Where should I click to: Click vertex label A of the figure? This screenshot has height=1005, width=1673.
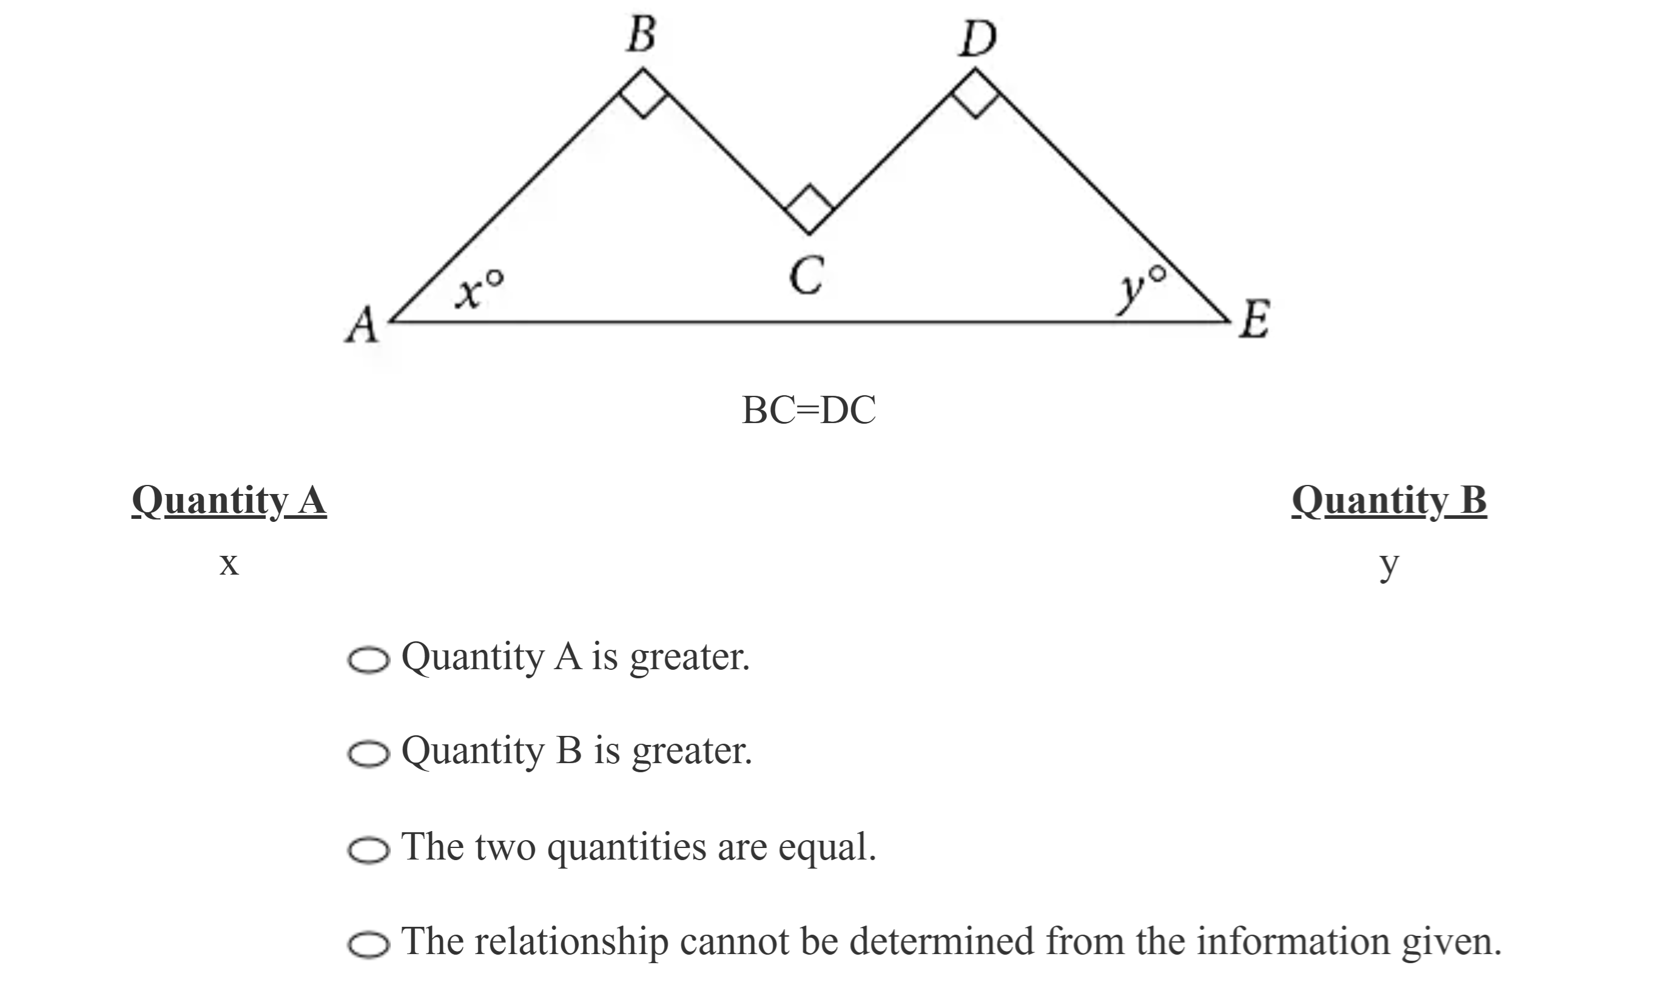(x=362, y=325)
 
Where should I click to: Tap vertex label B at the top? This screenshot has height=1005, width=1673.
(x=641, y=35)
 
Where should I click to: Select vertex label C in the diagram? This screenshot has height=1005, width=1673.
(x=807, y=276)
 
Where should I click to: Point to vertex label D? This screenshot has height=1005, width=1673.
(x=977, y=39)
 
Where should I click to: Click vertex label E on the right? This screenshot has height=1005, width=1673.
(x=1254, y=319)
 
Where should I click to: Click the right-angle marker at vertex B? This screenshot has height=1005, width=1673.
(x=644, y=93)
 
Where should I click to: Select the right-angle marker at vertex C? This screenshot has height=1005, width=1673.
(x=809, y=209)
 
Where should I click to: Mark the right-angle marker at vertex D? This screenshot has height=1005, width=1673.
(x=976, y=94)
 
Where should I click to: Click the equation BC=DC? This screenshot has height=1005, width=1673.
(x=809, y=410)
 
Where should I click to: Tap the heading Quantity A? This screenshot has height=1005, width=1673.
(x=229, y=501)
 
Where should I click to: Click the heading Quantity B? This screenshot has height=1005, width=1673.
(x=1389, y=501)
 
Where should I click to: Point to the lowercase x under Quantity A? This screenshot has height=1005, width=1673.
(x=229, y=564)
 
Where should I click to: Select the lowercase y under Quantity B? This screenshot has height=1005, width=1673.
(x=1389, y=566)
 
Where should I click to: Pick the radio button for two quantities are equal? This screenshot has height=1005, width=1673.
(x=369, y=850)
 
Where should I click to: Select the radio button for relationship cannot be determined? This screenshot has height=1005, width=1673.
(x=369, y=945)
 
